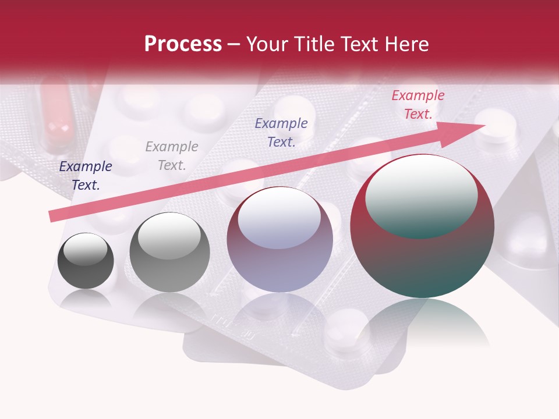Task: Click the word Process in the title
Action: click(x=183, y=44)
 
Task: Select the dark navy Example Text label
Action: click(x=86, y=176)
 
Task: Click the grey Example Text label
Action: click(x=172, y=156)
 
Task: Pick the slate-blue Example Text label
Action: click(x=281, y=132)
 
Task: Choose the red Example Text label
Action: click(x=418, y=105)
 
